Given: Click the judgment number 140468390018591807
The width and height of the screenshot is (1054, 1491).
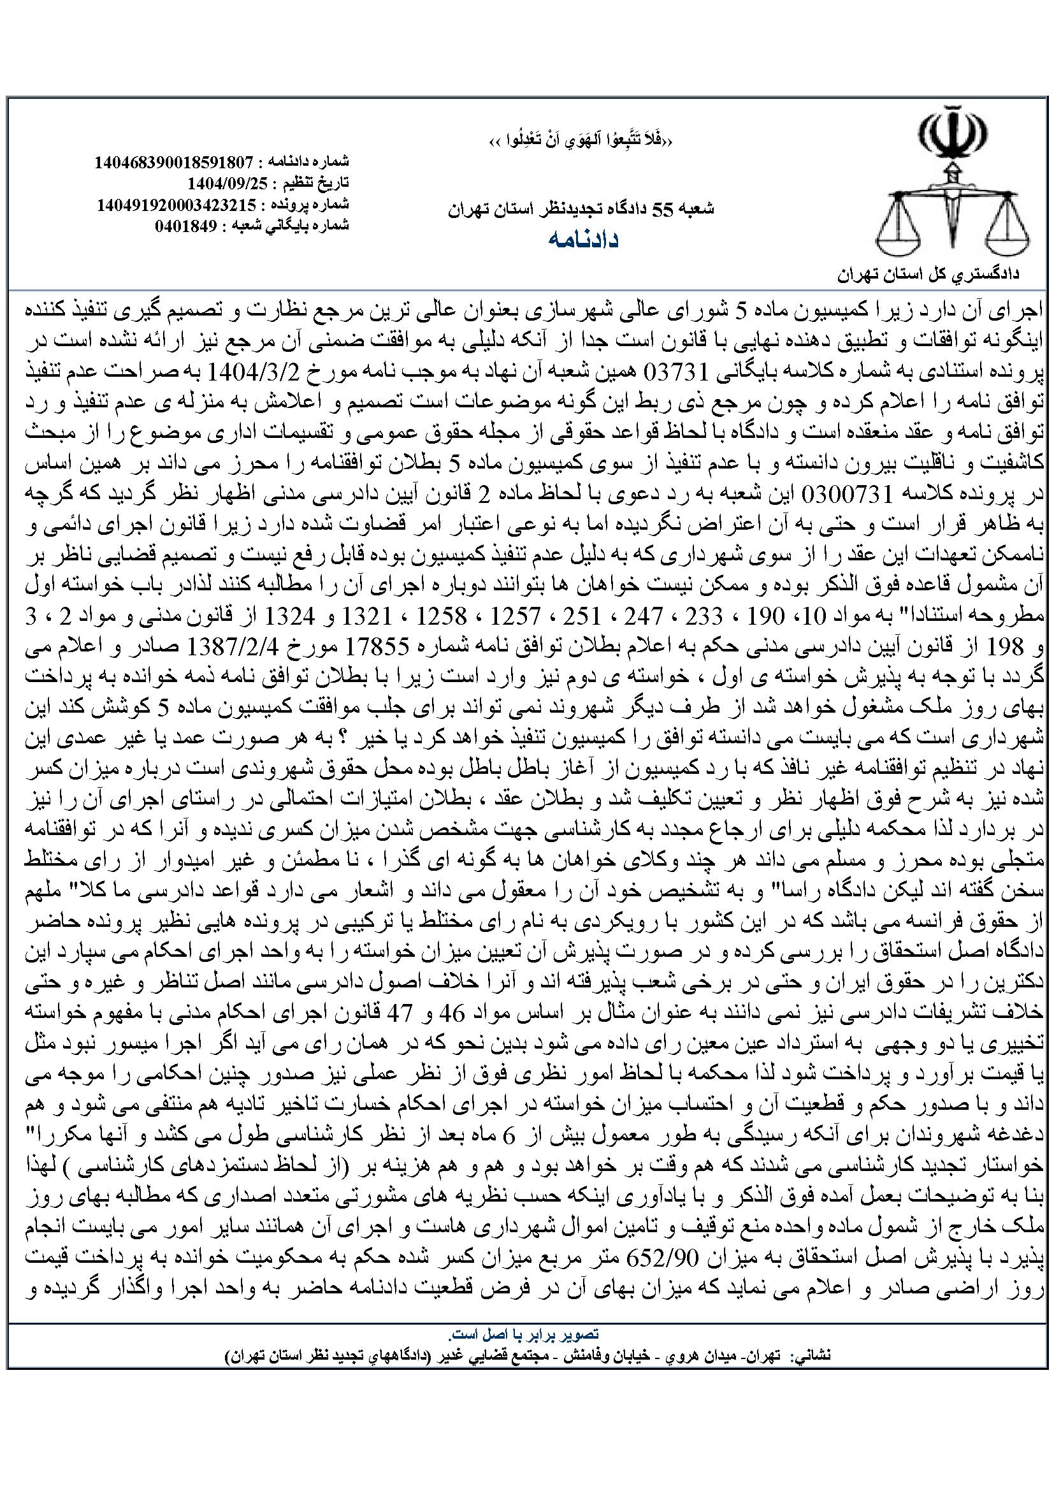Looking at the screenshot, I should [x=173, y=162].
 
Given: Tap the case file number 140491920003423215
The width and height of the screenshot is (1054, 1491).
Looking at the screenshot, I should [x=177, y=205].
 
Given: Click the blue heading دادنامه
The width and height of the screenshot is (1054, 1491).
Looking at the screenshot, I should [x=584, y=240].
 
